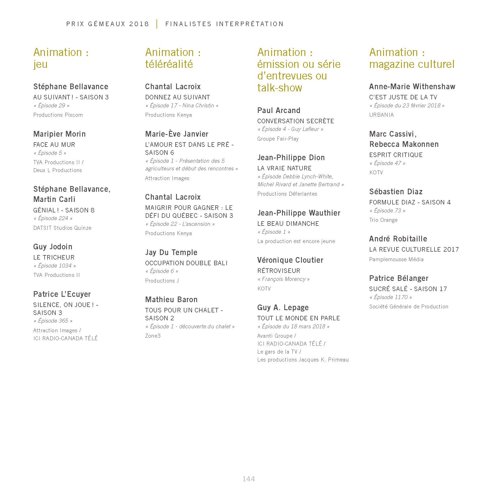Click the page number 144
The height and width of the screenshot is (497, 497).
pos(248,479)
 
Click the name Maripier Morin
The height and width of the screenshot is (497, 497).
pos(59,134)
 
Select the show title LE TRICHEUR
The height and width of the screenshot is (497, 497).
pos(54,258)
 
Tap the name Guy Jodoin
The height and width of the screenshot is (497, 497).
pos(53,247)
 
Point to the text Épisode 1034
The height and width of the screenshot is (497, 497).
pos(55,266)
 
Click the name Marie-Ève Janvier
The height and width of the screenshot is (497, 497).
pos(177,134)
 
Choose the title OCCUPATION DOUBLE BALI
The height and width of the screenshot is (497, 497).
pos(186,263)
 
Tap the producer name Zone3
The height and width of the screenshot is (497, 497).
pos(153,336)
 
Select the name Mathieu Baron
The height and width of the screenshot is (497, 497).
pos(171,300)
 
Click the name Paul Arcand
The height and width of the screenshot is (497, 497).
pos(279,110)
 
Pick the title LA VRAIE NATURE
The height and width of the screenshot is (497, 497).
pos(284,168)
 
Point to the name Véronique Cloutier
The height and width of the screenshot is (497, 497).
pos(290,260)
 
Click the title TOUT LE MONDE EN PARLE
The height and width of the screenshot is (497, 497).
pos(298,318)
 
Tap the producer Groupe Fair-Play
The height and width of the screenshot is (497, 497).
pos(278,139)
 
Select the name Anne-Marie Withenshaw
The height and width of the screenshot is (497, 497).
pos(412,87)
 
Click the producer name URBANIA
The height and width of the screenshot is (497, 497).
pos(381,115)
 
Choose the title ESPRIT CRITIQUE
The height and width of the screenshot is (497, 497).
pos(396,155)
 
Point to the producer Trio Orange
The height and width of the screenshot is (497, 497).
pos(383,220)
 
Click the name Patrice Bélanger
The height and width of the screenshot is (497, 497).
pos(399,278)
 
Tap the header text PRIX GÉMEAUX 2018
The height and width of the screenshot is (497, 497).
pos(108,24)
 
